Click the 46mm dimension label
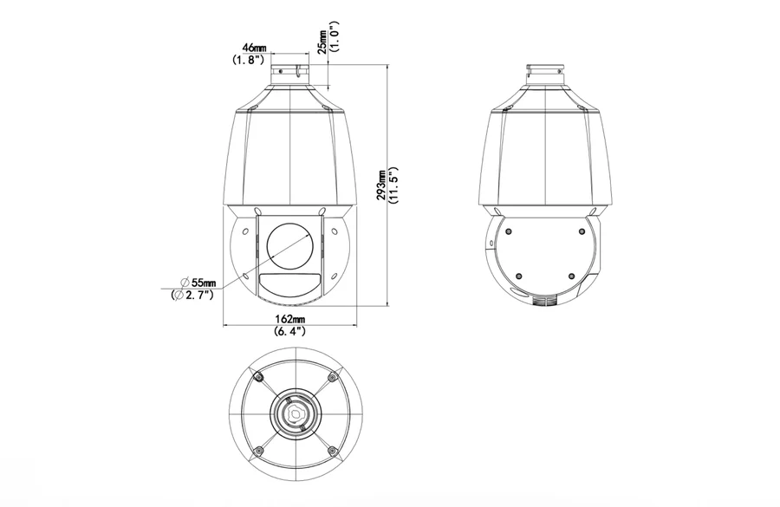coord(254,48)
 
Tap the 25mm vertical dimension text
coord(323,41)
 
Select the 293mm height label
coord(382,185)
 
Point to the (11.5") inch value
coord(394,185)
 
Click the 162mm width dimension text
coord(290,319)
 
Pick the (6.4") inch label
coord(290,331)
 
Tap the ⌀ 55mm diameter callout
coord(198,283)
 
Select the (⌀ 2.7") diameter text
coord(192,295)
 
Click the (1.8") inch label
coord(247,60)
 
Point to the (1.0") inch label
coord(335,36)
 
